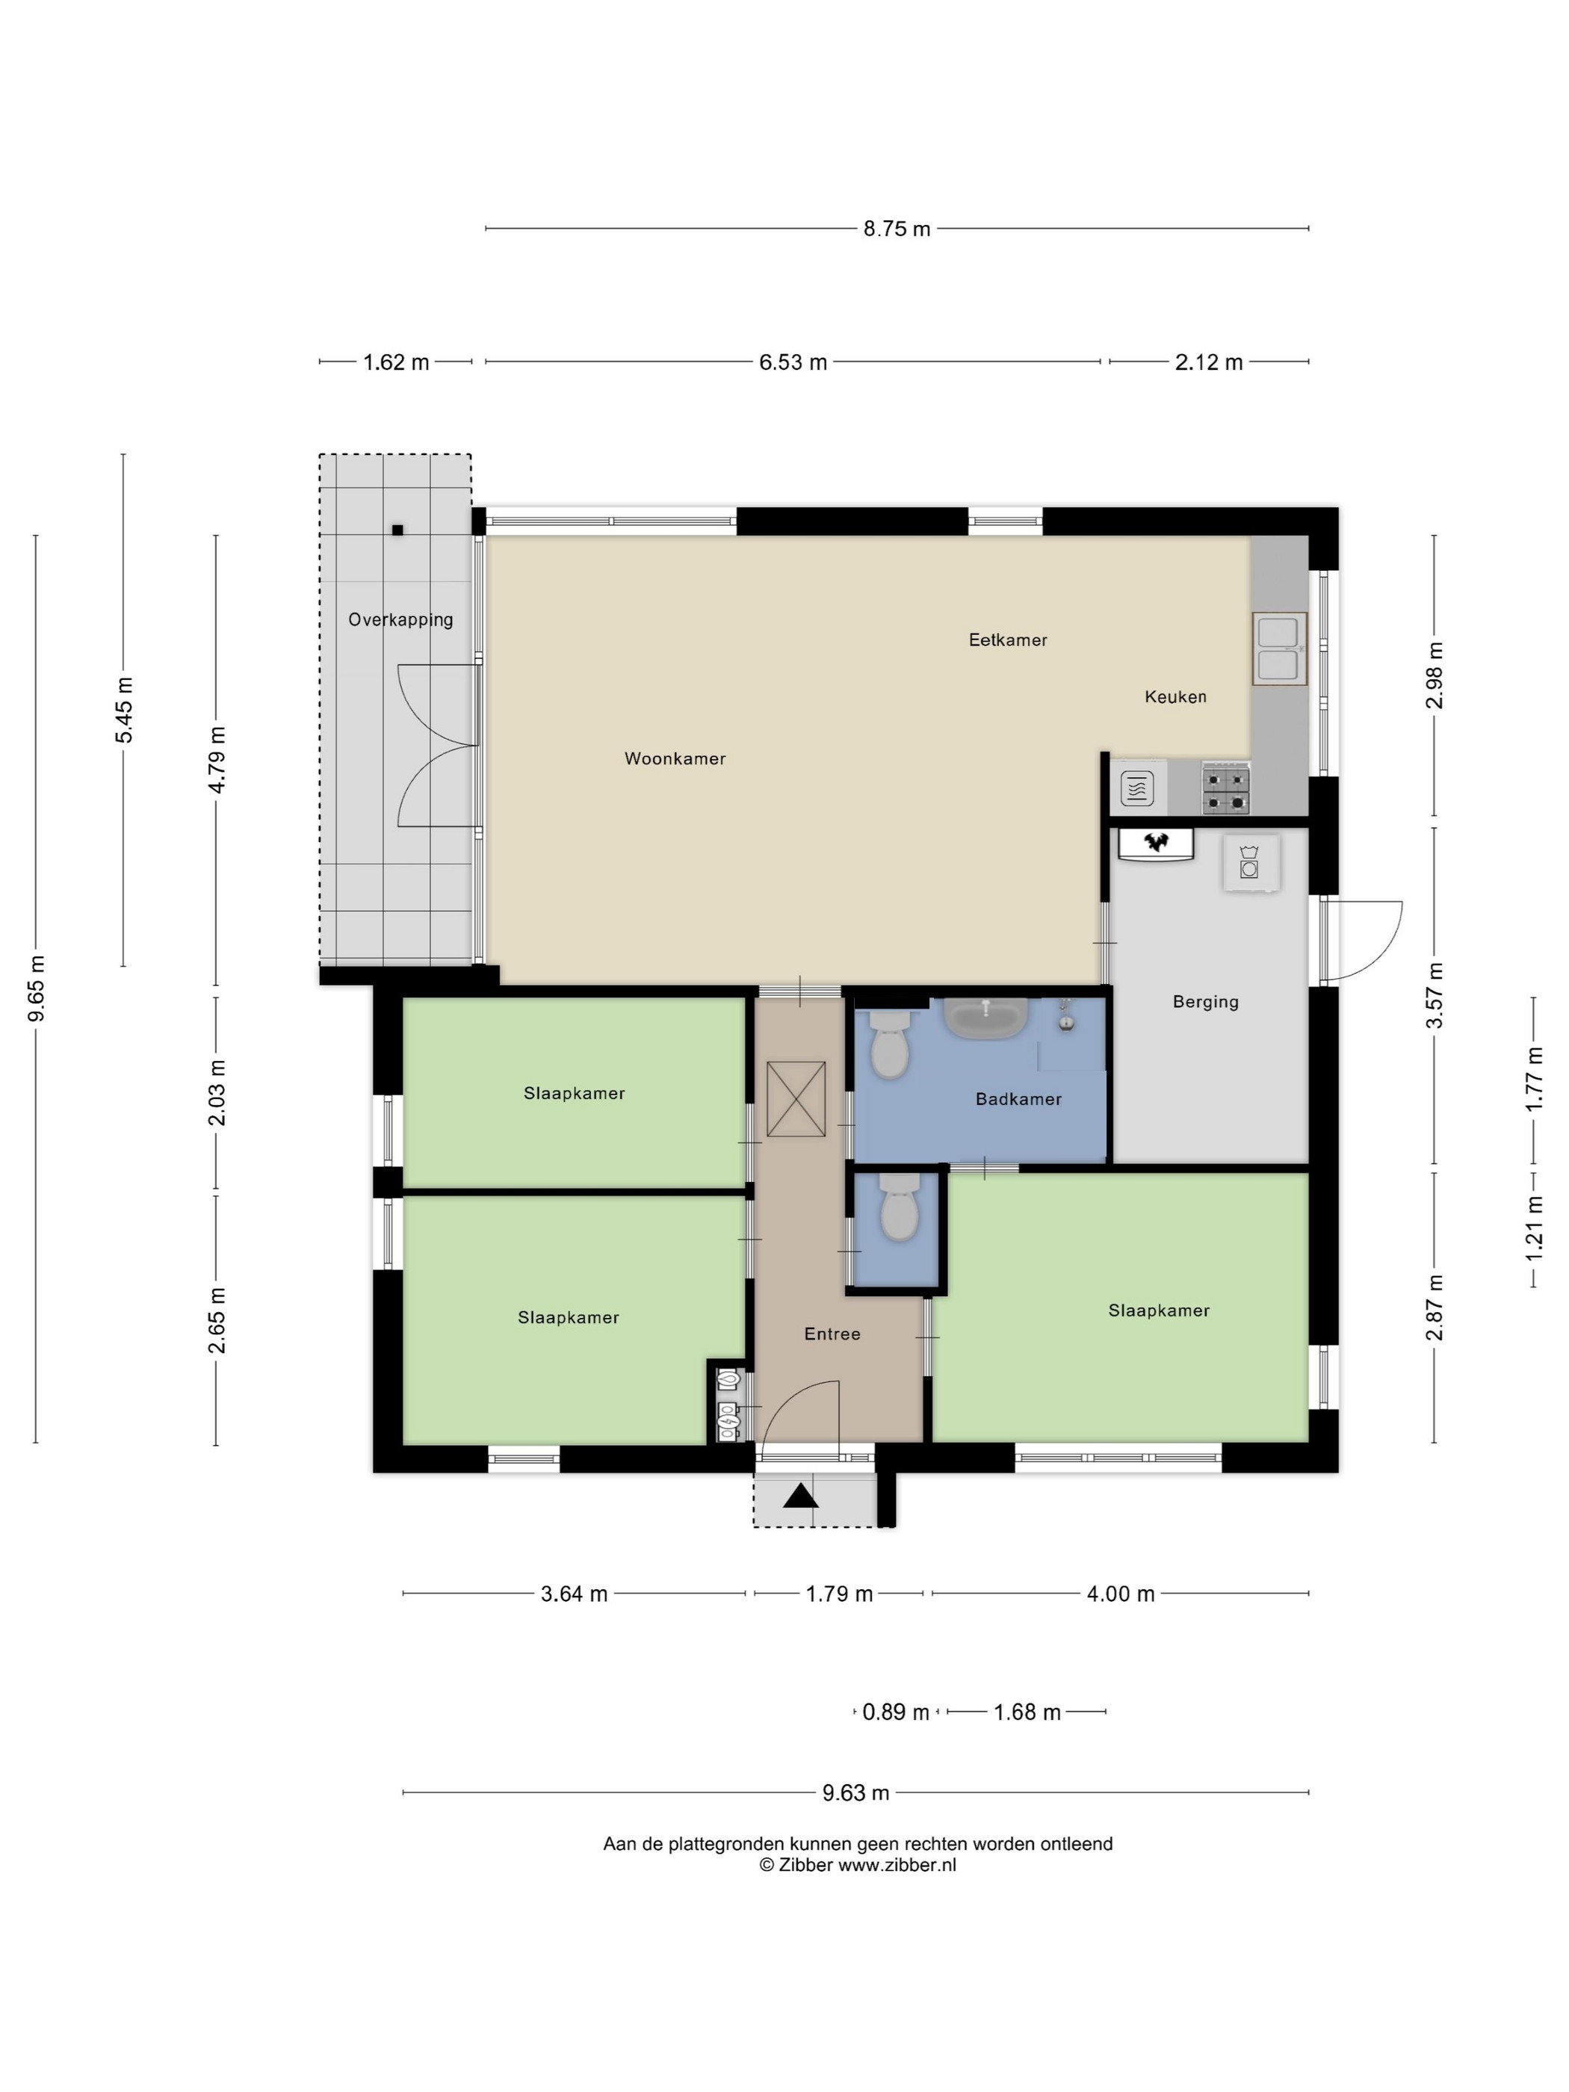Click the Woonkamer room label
click(675, 758)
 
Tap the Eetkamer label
click(1007, 640)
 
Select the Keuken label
click(1175, 697)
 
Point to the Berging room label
click(1205, 1002)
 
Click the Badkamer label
click(1018, 1099)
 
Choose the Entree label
click(832, 1334)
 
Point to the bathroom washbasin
click(986, 1018)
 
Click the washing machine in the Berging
click(1250, 862)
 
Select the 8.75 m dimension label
click(897, 229)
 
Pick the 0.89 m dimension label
click(896, 1712)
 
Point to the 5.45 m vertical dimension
click(124, 711)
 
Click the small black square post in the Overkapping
click(397, 530)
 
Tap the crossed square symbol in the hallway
click(796, 1099)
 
